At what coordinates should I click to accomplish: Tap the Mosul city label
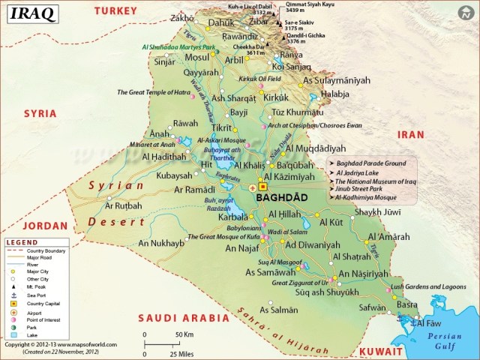click(196, 58)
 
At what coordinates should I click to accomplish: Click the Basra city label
click(407, 305)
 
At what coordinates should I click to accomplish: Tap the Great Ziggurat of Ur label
click(300, 283)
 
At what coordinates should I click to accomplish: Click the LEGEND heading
click(22, 243)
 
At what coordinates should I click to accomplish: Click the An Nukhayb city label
click(161, 244)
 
